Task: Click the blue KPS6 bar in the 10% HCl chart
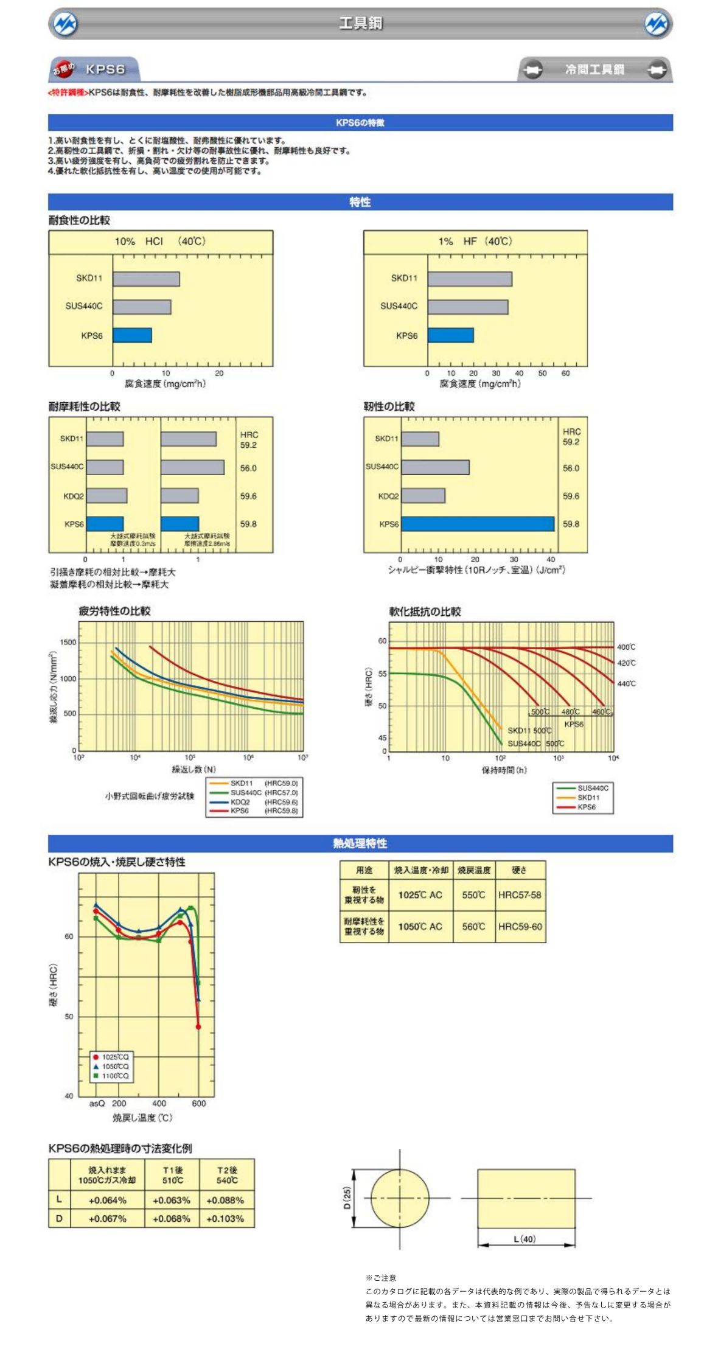[x=132, y=335]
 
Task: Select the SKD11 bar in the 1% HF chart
[x=469, y=279]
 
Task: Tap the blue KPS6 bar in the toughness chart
[x=477, y=524]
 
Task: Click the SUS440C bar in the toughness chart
[x=435, y=467]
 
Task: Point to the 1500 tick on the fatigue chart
[x=68, y=642]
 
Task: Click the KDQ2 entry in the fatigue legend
[x=240, y=802]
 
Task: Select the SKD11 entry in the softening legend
[x=588, y=797]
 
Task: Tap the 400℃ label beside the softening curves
[x=626, y=647]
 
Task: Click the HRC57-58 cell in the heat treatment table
[x=519, y=895]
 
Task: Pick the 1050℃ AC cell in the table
[x=420, y=927]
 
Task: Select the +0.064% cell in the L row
[x=108, y=1200]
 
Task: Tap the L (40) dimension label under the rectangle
[x=524, y=1239]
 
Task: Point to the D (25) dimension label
[x=347, y=1197]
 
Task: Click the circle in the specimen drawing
[x=400, y=1198]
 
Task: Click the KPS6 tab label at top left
[x=105, y=69]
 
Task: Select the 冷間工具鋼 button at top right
[x=594, y=69]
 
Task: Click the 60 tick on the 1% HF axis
[x=565, y=373]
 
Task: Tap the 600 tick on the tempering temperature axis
[x=198, y=1103]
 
